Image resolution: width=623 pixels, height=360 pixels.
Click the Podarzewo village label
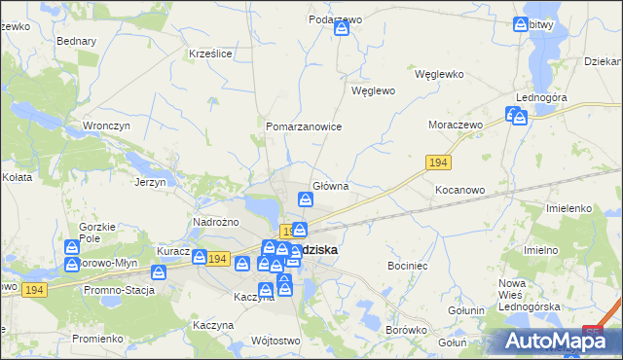pyautogui.click(x=335, y=18)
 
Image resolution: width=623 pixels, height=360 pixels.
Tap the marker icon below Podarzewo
pyautogui.click(x=342, y=29)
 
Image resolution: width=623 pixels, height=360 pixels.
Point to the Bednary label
pyautogui.click(x=76, y=42)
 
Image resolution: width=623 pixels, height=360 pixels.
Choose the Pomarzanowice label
pyautogui.click(x=304, y=126)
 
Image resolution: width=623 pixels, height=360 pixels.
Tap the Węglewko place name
pyautogui.click(x=439, y=74)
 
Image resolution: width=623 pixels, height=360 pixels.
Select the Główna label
pyautogui.click(x=330, y=185)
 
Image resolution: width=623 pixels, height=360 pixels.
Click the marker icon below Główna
pyautogui.click(x=306, y=200)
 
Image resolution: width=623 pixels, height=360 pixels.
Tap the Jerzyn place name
pyautogui.click(x=151, y=182)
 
